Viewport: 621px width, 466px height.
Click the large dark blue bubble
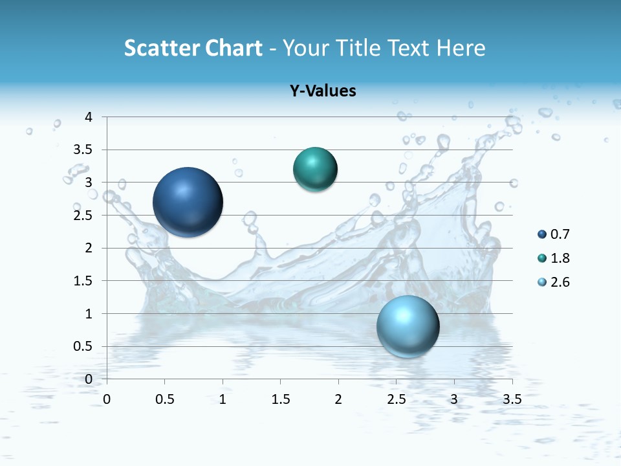(188, 202)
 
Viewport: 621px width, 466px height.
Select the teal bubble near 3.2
(315, 170)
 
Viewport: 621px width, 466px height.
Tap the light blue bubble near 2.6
(408, 326)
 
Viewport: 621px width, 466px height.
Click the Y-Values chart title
(323, 91)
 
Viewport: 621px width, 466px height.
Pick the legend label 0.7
(560, 234)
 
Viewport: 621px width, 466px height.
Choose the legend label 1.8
(560, 258)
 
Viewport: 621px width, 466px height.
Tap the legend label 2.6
(560, 282)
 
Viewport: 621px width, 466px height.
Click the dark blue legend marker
(542, 234)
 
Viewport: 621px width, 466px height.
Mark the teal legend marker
(542, 258)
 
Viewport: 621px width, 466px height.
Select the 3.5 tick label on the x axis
(512, 399)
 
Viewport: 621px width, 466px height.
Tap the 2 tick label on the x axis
(338, 399)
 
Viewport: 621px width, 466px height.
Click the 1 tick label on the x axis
(223, 399)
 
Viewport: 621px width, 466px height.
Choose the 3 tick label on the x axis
(454, 399)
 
